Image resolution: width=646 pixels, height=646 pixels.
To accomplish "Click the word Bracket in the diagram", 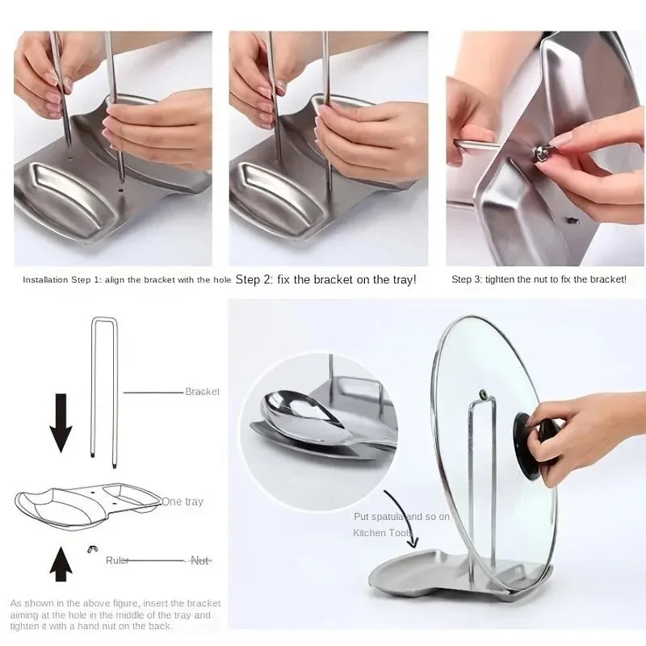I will coord(202,392).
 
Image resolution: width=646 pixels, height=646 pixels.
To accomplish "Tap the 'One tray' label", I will coord(182,501).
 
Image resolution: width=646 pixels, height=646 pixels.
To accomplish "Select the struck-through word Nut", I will coord(199,560).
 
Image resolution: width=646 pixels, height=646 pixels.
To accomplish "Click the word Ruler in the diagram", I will coord(117,560).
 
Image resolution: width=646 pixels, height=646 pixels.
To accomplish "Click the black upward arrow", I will coord(61,563).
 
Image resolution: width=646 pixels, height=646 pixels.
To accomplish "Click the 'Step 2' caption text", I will coord(325,279).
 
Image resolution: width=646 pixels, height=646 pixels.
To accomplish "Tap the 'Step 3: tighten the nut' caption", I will coord(539,279).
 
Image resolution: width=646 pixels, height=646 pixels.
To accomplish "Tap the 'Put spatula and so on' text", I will coord(401,516).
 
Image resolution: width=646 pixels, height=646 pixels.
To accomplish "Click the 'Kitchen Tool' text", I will coord(382,533).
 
